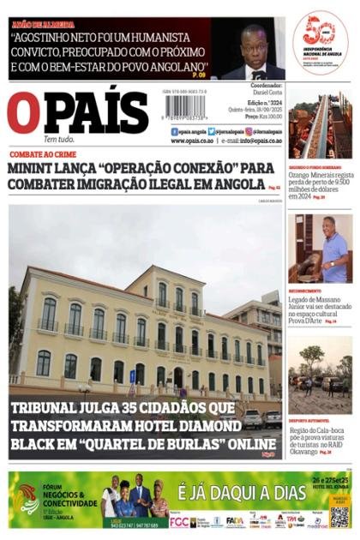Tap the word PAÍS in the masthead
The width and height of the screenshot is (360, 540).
click(96, 112)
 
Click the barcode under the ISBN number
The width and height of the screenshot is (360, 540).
click(185, 107)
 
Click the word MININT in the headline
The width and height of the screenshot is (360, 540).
click(34, 168)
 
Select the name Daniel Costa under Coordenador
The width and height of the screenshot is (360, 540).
click(267, 92)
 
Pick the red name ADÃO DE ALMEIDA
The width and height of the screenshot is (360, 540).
click(43, 25)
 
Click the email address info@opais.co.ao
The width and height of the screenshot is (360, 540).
click(255, 141)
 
